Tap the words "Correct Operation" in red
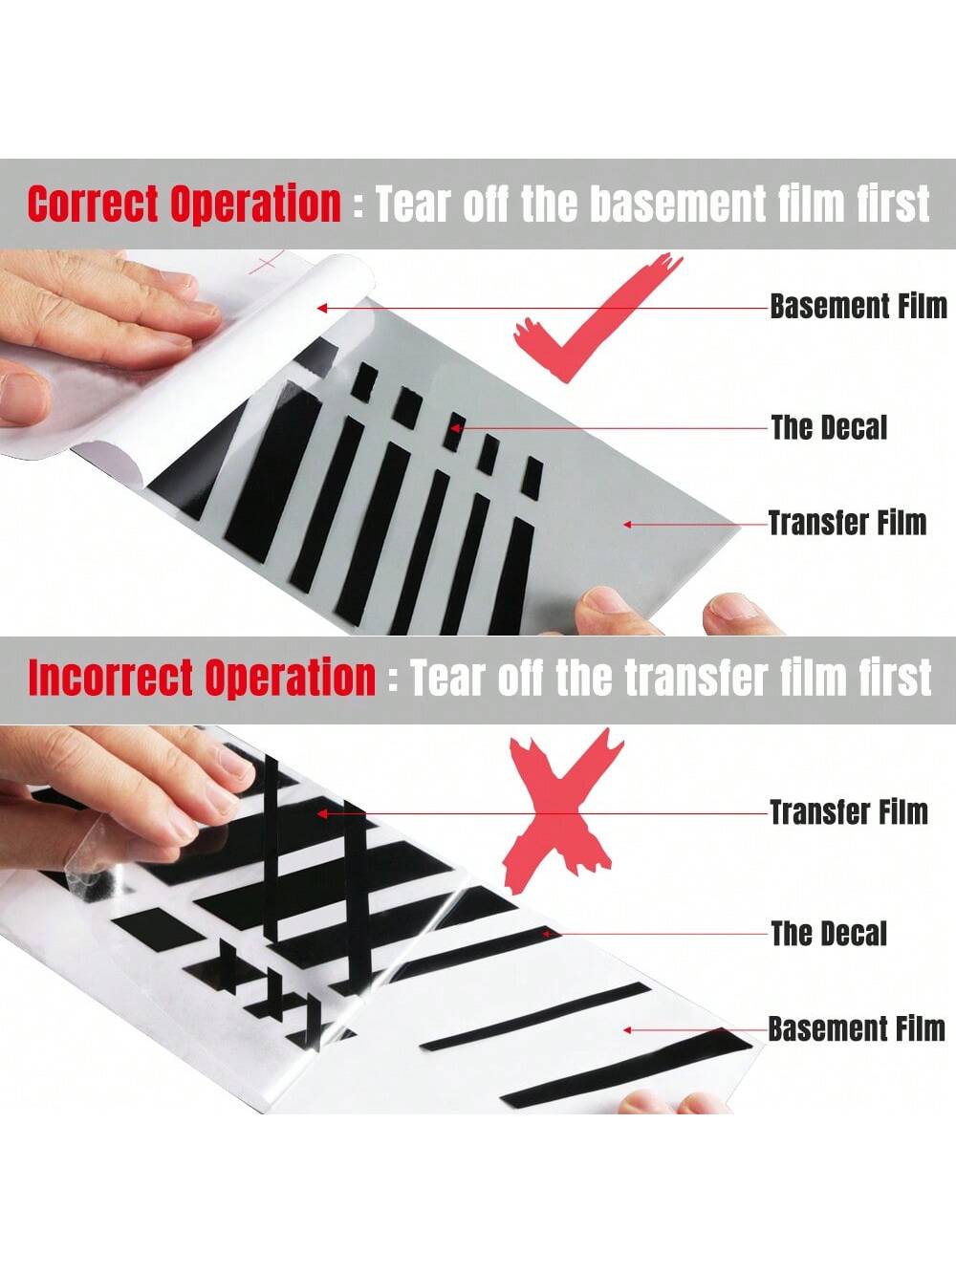pyautogui.click(x=185, y=204)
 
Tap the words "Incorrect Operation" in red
pyautogui.click(x=202, y=677)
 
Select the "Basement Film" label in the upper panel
pyautogui.click(x=858, y=307)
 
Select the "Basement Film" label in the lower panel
pyautogui.click(x=858, y=1029)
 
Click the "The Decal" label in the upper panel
pyautogui.click(x=829, y=428)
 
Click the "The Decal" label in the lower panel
pyautogui.click(x=829, y=934)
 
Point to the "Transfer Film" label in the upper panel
pyautogui.click(x=847, y=523)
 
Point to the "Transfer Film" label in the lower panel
pyautogui.click(x=849, y=811)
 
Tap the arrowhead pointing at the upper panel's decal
pyautogui.click(x=454, y=428)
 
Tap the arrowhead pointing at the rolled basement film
pyautogui.click(x=321, y=308)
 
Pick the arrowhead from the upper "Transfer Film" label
pyautogui.click(x=627, y=524)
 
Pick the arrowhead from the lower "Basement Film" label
pyautogui.click(x=627, y=1030)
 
